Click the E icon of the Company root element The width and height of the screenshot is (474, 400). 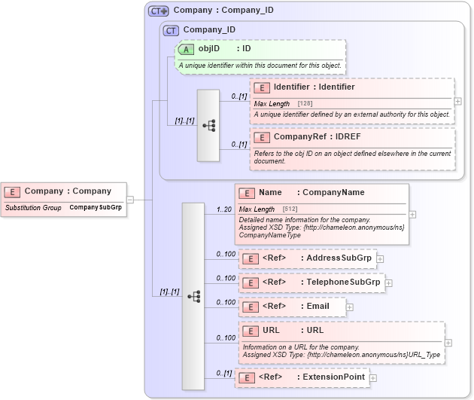(14, 191)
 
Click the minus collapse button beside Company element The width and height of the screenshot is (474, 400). (130, 200)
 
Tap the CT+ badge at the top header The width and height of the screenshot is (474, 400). (158, 11)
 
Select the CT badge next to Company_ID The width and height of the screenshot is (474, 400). (172, 30)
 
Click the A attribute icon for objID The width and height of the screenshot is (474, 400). (185, 49)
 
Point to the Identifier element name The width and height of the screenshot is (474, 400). (314, 87)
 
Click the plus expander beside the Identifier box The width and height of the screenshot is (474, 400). (458, 100)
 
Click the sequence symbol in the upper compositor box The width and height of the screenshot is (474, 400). (208, 126)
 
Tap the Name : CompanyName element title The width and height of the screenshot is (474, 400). (311, 193)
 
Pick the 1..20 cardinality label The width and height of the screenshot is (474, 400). (223, 209)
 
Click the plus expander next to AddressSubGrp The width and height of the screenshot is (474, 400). (380, 259)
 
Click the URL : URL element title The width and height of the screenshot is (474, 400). (293, 330)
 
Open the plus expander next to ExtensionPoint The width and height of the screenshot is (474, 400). (373, 377)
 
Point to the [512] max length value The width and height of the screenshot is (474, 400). (290, 209)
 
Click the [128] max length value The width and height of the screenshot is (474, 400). (305, 103)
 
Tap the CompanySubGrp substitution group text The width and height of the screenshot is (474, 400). (96, 206)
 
